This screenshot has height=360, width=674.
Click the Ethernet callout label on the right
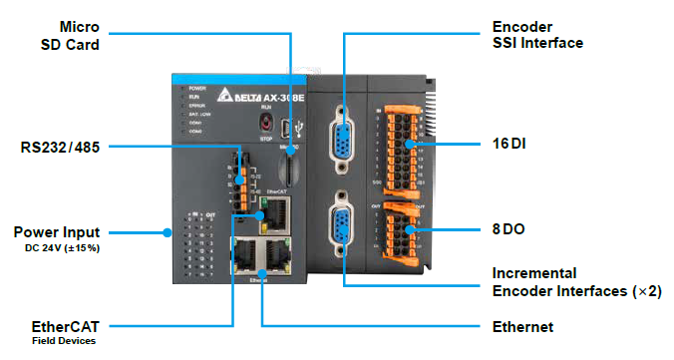point(522,326)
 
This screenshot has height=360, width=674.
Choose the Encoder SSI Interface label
point(537,33)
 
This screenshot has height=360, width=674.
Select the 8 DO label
point(509,228)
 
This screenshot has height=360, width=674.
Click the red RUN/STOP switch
point(266,124)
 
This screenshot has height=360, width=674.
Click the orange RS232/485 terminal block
point(242,180)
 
